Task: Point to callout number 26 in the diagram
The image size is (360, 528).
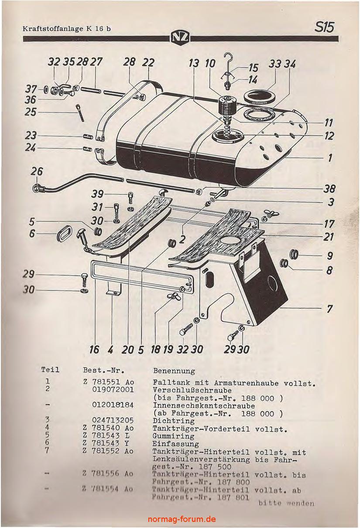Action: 37,172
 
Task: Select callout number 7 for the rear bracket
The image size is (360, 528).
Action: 330,309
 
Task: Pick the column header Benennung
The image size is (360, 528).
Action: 174,371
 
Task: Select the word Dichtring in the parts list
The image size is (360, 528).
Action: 168,421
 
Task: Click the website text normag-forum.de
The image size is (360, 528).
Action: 182,519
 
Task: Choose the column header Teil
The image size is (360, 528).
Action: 50,370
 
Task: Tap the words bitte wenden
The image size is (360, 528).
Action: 286,503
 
